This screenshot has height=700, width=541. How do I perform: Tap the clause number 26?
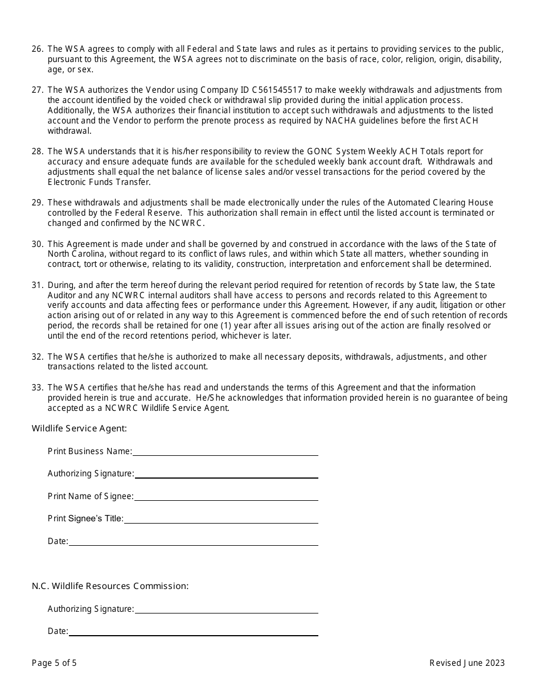(38, 49)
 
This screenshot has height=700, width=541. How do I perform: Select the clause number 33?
(38, 388)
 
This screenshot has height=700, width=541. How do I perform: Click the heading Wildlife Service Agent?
(79, 428)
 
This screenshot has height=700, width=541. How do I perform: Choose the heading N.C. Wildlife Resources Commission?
(110, 586)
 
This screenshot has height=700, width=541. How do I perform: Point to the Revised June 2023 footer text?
(467, 663)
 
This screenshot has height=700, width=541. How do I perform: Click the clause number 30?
(38, 244)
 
